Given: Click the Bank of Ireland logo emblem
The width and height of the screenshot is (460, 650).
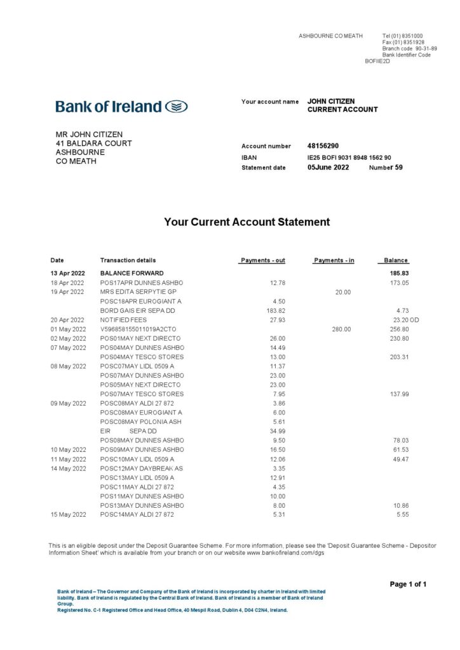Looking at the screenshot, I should click(x=176, y=107).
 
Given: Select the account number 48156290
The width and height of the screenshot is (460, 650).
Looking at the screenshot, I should click(x=323, y=146).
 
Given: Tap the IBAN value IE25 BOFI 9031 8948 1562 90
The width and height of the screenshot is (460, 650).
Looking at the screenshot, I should click(x=349, y=157).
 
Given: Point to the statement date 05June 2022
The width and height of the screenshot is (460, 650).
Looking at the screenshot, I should click(x=328, y=168).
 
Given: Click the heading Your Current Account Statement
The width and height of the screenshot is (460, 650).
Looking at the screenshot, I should click(x=247, y=222).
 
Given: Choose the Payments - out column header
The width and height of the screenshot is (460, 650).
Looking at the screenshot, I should click(x=262, y=260).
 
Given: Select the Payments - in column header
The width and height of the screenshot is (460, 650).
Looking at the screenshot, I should click(x=334, y=260).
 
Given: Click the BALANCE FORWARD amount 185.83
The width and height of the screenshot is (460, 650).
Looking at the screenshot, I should click(x=399, y=273).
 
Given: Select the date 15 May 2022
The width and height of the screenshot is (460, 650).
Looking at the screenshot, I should click(x=68, y=514).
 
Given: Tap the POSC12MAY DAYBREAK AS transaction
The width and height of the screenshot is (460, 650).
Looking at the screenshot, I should click(x=141, y=468).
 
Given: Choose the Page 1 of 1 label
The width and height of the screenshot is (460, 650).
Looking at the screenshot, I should click(x=407, y=584).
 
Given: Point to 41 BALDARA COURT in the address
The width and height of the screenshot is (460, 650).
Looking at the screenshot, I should click(x=93, y=143).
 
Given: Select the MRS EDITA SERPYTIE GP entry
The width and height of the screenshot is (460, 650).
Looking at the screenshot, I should click(x=138, y=291).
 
